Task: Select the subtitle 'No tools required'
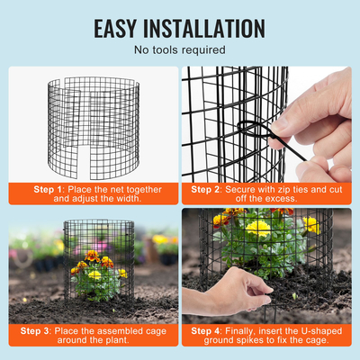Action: (179, 50)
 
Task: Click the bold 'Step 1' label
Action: (49, 190)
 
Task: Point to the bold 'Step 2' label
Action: (207, 190)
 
